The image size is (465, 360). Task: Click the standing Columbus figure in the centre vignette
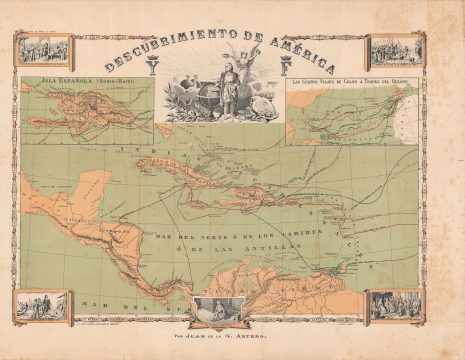pos(230,95)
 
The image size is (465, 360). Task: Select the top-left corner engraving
pos(43,49)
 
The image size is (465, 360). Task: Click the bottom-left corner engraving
pos(42,306)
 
